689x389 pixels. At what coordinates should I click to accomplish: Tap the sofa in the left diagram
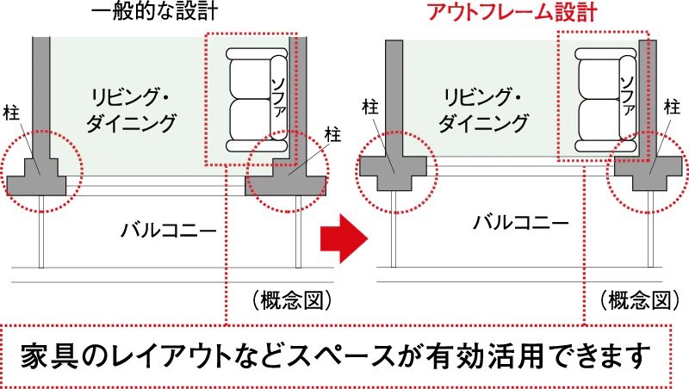pos(257,100)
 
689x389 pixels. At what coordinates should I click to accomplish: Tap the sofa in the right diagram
pos(605,100)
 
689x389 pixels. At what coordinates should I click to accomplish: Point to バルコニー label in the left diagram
pos(169,230)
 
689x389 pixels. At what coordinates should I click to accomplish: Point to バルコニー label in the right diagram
pos(521,223)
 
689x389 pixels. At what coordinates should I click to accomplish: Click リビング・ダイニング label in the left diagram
pos(131,110)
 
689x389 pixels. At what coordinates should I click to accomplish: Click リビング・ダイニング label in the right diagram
pos(483,110)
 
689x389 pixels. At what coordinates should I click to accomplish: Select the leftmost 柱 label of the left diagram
pos(11,113)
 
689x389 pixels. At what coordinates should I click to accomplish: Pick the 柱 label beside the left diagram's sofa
pos(332,134)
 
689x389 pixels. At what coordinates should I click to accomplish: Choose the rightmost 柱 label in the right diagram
pos(672,107)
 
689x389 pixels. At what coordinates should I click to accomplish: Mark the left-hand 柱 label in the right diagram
pos(370,107)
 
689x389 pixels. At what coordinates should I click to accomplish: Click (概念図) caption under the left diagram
pos(292,300)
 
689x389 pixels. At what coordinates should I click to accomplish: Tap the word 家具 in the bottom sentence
pos(49,355)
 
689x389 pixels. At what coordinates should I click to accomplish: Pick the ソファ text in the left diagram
pos(278,97)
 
